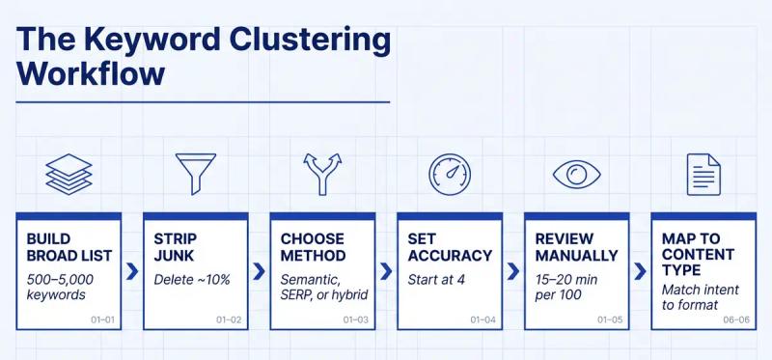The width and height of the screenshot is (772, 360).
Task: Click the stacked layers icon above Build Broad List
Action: (x=69, y=175)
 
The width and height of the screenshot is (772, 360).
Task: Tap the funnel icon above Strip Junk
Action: (x=196, y=174)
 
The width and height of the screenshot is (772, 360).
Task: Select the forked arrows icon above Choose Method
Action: (x=322, y=174)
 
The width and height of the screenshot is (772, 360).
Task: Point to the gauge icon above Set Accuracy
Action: (x=450, y=174)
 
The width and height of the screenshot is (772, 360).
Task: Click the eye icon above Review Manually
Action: (x=576, y=175)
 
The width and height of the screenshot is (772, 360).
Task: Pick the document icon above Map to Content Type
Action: (x=703, y=174)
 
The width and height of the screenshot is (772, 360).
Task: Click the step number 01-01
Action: (x=102, y=318)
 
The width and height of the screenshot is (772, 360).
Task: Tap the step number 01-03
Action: (x=356, y=318)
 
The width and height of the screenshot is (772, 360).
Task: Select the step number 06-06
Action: (x=735, y=318)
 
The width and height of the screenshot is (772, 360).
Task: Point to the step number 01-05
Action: (x=610, y=318)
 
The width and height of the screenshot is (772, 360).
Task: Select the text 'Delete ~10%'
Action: (x=193, y=280)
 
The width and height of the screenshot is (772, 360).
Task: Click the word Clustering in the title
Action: (x=290, y=41)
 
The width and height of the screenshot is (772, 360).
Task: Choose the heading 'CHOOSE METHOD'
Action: (x=314, y=247)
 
